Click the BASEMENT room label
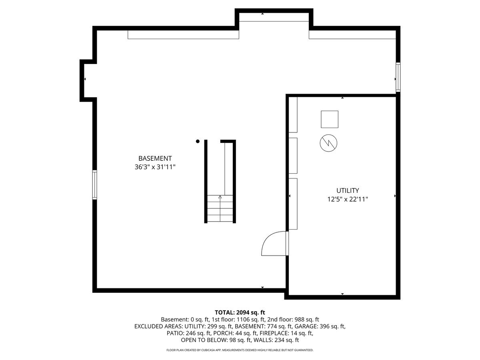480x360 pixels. point(155,158)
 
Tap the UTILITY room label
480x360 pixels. point(347,191)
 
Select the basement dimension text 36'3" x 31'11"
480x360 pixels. point(155,167)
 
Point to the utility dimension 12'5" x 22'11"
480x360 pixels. point(347,199)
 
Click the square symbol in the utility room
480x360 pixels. point(329,119)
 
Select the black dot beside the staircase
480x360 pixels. point(198,141)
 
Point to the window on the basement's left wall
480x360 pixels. point(95,184)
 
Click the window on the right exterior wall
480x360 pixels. point(398,77)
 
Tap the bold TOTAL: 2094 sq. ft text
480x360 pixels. point(240,312)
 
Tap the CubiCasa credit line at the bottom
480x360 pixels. point(240,350)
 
